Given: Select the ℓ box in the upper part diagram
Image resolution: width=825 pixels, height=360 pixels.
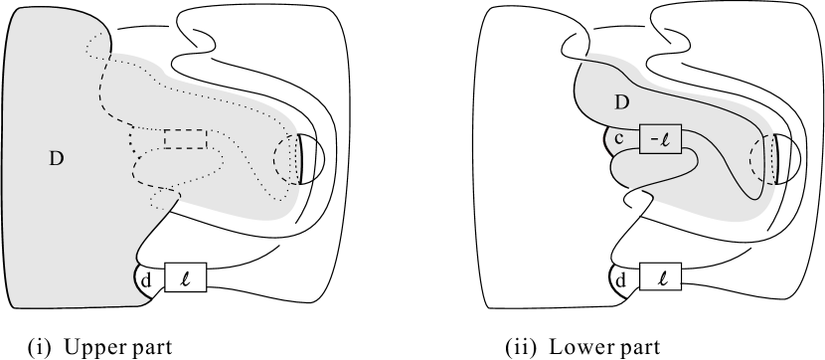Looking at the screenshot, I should tap(184, 276).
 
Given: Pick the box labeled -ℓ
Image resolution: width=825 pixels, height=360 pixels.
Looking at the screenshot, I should tap(660, 137).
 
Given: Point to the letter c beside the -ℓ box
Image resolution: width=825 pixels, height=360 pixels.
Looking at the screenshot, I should tap(617, 138).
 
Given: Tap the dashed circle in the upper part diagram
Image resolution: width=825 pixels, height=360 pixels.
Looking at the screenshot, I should tap(289, 159).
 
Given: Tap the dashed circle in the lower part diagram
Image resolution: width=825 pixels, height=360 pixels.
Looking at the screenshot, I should tap(764, 159).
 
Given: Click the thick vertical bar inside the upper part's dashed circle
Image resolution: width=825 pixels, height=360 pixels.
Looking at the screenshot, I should tap(298, 159).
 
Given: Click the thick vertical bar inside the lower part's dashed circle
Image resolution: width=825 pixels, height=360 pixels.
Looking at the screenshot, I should tap(773, 159).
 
